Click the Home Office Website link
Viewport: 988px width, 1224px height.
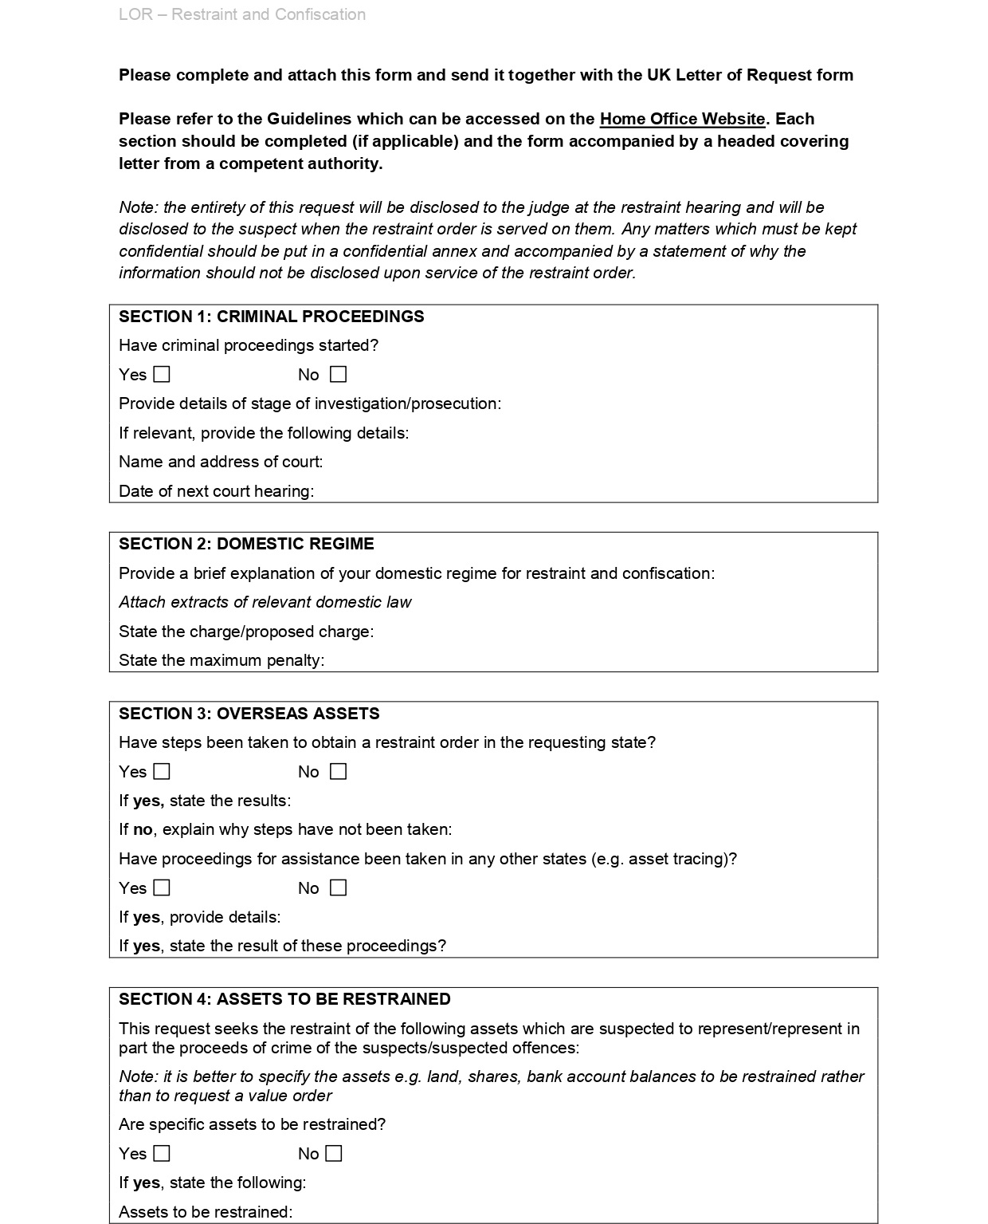(x=682, y=119)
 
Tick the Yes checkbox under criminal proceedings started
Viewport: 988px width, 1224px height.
(x=162, y=374)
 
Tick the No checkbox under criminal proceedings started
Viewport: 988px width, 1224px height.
(x=339, y=374)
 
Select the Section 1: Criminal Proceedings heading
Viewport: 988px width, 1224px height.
(x=271, y=317)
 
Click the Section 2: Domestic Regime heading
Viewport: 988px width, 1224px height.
(x=246, y=544)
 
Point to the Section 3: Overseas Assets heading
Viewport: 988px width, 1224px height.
(x=249, y=714)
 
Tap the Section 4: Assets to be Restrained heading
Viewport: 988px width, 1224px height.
(x=284, y=999)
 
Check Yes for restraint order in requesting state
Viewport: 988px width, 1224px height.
(x=162, y=771)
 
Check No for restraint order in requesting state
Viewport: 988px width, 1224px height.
(x=339, y=771)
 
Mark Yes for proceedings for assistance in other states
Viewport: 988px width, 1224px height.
(x=162, y=887)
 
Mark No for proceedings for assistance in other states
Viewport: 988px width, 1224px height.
(x=339, y=887)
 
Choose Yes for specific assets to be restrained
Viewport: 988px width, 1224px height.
(x=162, y=1153)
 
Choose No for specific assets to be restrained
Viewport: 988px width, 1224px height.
(x=334, y=1153)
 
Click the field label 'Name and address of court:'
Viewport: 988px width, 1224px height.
(x=221, y=462)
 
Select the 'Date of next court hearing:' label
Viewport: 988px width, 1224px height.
(x=216, y=491)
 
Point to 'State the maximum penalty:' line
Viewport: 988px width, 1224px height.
(x=222, y=660)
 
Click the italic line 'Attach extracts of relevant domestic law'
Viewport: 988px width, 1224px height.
(x=265, y=602)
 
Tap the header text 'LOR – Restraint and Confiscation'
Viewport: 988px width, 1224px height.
(x=242, y=14)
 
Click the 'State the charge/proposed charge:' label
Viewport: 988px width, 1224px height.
(x=246, y=632)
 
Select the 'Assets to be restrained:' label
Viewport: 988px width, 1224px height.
(x=206, y=1212)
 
